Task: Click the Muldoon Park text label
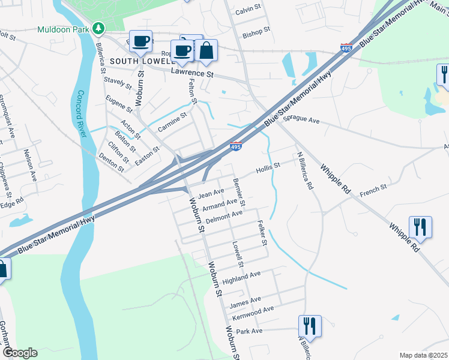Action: coord(62,29)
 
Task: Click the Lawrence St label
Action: coord(192,73)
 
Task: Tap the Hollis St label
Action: coord(268,166)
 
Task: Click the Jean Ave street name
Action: coord(211,193)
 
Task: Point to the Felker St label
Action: coord(261,234)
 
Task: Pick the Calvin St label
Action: coord(249,10)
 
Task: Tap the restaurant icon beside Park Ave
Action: coord(310,326)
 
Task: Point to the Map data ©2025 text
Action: coord(423,355)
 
